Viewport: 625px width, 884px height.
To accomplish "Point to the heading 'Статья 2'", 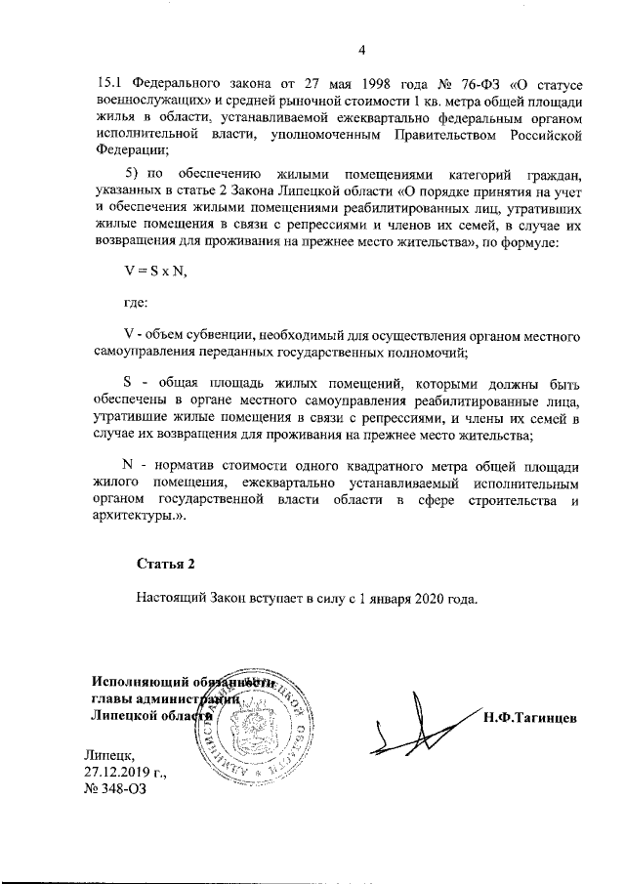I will click(166, 564).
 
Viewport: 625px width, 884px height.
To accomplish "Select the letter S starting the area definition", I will click(128, 384).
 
